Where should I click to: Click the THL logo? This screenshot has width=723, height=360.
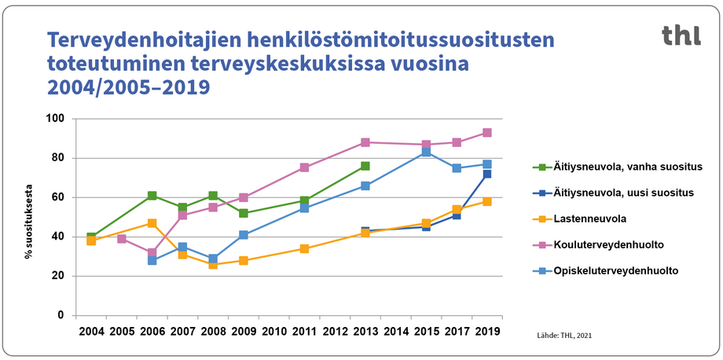coord(681,35)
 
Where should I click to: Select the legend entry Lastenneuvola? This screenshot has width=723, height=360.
coord(585,219)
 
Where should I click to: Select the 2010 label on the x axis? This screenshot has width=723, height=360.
coord(273,332)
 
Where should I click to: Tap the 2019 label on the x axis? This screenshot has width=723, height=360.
coord(486,332)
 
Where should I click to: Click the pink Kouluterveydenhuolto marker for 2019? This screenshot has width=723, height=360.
coord(487,133)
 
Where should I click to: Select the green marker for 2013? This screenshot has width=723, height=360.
coord(365,166)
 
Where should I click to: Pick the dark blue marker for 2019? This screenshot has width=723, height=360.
coord(487,174)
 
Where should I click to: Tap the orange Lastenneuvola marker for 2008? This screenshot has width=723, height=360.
coord(213,264)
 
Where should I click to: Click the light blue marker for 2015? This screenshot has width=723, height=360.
coord(426,152)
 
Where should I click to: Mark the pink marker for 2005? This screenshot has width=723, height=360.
coord(122,238)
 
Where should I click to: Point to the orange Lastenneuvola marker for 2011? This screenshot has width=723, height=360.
coord(304,248)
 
